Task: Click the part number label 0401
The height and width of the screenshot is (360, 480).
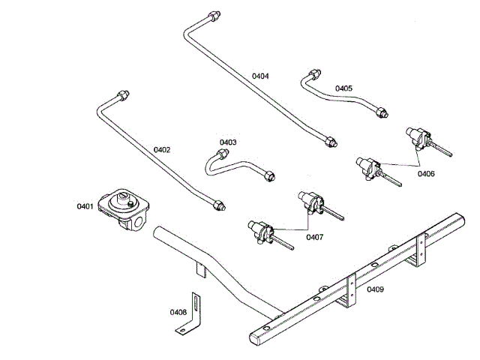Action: pos(85,205)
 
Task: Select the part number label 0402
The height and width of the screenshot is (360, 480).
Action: pos(162,149)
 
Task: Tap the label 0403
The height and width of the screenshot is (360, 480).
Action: pos(228,142)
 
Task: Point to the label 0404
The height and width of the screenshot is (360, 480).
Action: pos(260,76)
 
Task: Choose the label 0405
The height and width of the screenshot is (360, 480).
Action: pos(343,88)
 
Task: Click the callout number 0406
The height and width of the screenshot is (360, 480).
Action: pos(425,173)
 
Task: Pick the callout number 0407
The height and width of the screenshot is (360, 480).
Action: pos(315,237)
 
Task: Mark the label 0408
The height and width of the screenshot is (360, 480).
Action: pos(178,311)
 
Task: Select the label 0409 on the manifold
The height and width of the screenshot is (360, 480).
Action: pos(375,289)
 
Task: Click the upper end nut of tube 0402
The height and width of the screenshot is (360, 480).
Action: pos(123,94)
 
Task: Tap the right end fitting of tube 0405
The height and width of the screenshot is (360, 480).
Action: pos(382,112)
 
